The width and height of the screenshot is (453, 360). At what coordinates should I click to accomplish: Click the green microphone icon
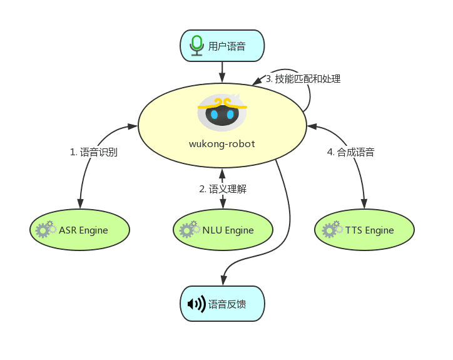coord(196,46)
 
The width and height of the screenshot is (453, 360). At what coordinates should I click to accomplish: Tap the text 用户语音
coord(227,46)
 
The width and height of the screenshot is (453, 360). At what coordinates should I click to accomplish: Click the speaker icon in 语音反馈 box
coord(196,304)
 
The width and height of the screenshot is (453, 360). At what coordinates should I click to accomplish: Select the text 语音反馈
coord(227,304)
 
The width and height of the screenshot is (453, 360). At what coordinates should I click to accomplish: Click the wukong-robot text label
coord(222,144)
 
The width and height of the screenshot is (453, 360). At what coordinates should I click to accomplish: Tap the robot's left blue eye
coord(214,115)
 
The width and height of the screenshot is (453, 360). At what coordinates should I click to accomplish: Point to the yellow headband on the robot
coord(222,104)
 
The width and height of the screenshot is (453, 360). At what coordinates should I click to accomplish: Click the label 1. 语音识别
coord(94,152)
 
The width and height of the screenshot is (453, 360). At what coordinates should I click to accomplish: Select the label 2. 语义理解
coord(223,189)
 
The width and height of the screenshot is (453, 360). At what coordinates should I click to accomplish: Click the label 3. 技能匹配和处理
coord(303,79)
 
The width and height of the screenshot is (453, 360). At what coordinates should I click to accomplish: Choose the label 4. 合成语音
coord(351,152)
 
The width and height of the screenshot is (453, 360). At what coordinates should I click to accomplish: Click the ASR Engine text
coord(83,230)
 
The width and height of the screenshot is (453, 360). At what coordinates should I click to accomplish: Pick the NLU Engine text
coord(228,230)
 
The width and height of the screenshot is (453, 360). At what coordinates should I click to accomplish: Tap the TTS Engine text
coord(370,230)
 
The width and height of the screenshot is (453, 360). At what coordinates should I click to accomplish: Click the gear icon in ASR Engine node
coord(46,229)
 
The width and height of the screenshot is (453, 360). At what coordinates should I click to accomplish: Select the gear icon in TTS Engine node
coord(332,229)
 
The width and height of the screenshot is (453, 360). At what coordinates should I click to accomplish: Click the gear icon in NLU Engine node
coord(190,229)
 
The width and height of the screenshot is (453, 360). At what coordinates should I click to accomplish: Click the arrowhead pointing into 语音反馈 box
coord(223,280)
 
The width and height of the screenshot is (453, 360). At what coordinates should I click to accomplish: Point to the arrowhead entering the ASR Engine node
coord(80,203)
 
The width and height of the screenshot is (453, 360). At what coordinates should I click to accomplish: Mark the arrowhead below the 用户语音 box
coord(222,78)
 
